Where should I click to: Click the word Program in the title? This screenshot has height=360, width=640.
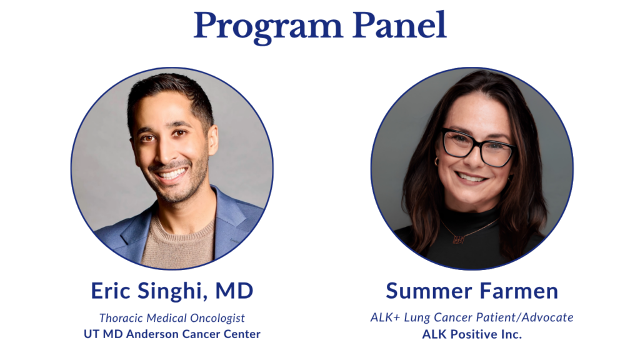point(267,27)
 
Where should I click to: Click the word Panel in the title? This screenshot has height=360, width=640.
point(399,25)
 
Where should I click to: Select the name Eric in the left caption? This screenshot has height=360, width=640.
point(110,291)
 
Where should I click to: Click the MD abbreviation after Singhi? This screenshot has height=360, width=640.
point(234,291)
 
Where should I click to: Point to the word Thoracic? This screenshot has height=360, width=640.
point(121,317)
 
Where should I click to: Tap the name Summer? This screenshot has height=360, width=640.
point(429,291)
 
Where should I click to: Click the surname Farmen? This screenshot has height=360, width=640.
point(519,291)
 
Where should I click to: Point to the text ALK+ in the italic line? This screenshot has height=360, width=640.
point(385,317)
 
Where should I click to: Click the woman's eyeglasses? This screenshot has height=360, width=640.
point(477,147)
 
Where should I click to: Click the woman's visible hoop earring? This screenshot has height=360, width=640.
point(436,161)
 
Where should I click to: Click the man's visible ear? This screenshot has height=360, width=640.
point(212,139)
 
